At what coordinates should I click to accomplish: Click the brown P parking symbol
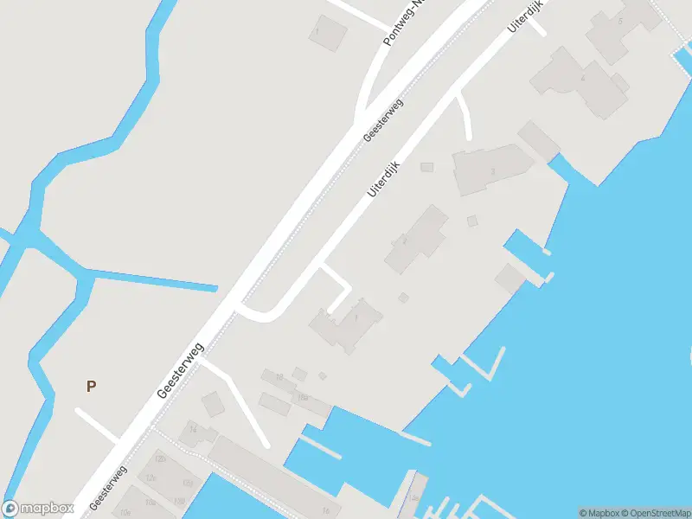coord(91,387)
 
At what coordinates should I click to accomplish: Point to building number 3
coord(492,171)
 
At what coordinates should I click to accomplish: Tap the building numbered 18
coord(279,377)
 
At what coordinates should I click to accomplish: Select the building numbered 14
coord(192,429)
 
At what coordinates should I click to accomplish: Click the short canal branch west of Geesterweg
coord(156,283)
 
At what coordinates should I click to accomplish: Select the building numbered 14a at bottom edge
coord(414,498)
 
